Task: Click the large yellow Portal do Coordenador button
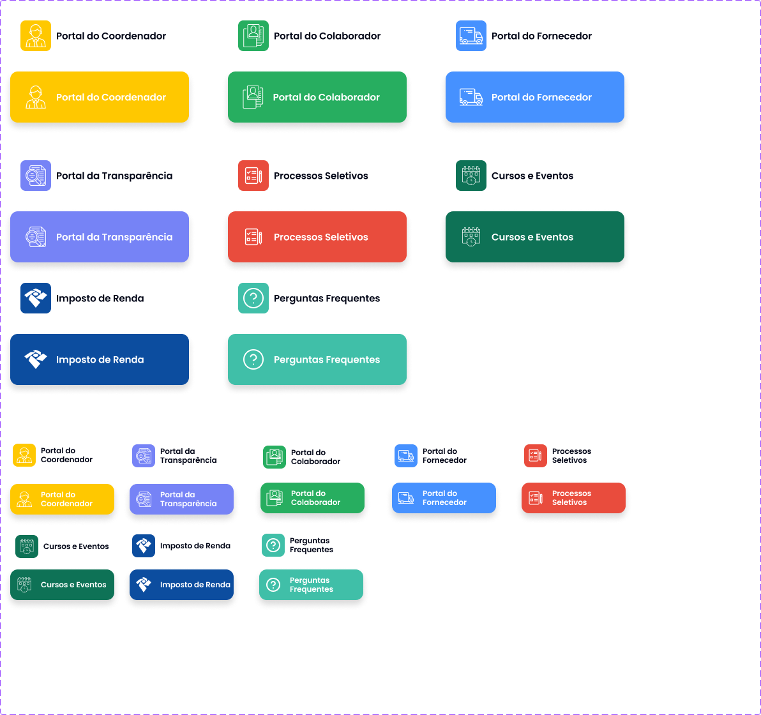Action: point(100,97)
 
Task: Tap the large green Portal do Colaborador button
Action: point(317,97)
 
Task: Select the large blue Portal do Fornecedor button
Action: point(535,97)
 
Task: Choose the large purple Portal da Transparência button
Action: point(100,237)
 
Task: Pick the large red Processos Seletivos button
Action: point(317,237)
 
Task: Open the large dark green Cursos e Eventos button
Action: point(535,237)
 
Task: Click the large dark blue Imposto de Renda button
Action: point(100,359)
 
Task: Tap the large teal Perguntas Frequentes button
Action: point(317,359)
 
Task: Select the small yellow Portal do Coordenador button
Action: point(62,499)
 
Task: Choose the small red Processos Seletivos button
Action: point(573,497)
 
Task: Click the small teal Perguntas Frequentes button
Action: point(311,584)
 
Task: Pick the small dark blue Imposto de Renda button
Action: point(181,584)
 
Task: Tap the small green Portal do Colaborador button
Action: point(312,497)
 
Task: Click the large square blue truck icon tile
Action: point(471,36)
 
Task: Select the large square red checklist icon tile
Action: point(253,176)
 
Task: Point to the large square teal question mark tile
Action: point(253,298)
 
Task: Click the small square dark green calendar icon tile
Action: point(27,546)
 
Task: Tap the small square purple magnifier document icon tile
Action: point(144,456)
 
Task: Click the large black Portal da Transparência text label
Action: point(114,176)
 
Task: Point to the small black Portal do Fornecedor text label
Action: point(444,456)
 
